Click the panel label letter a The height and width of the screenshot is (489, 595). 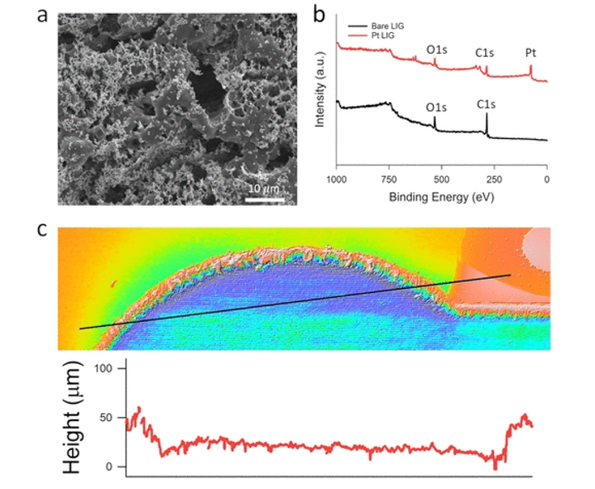click(41, 17)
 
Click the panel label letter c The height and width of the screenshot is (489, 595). click(42, 228)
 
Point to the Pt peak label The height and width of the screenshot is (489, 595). click(530, 53)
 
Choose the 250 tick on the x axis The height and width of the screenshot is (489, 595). click(494, 178)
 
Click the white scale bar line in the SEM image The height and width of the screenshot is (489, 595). click(265, 197)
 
